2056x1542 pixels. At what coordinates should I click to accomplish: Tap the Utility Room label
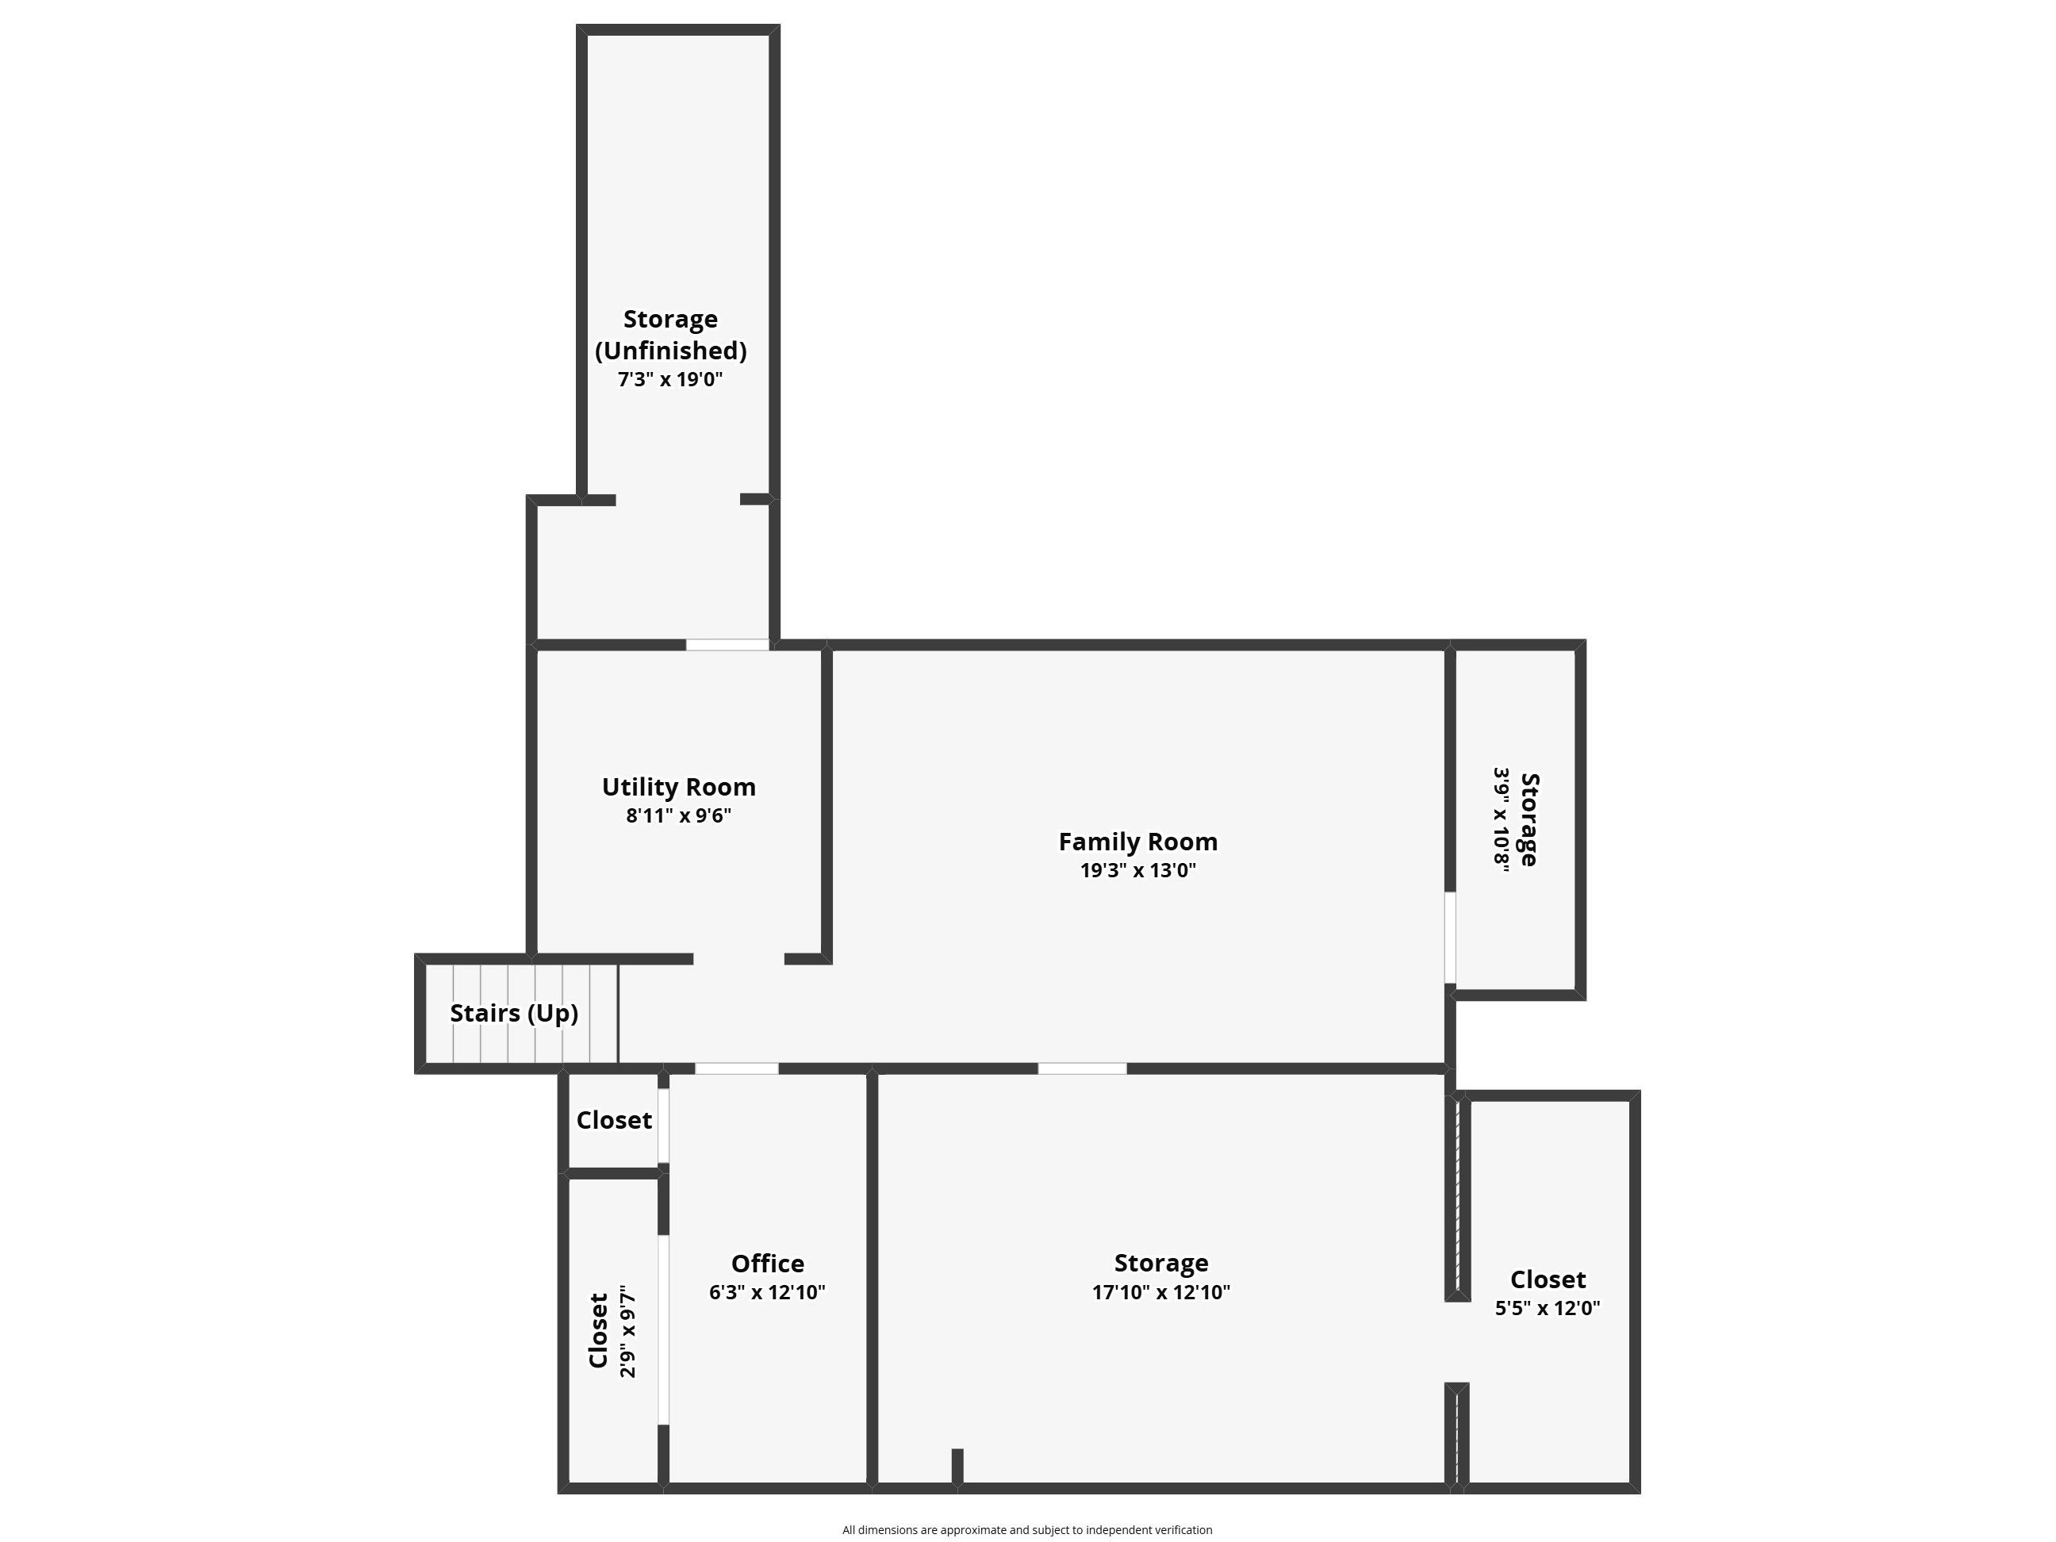[x=678, y=788]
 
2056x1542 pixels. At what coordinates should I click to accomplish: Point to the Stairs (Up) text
[x=514, y=1013]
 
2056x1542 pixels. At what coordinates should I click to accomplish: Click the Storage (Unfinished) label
[x=670, y=335]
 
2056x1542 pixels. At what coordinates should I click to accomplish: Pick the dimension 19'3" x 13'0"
[x=1137, y=871]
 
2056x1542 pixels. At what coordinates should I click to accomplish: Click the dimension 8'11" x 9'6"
[x=678, y=816]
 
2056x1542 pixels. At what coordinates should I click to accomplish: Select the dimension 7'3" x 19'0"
[x=670, y=379]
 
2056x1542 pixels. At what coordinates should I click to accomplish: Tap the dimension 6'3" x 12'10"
[x=768, y=1292]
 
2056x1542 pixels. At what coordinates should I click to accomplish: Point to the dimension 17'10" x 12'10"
[x=1161, y=1292]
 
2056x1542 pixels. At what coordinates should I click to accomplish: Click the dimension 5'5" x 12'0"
[x=1548, y=1308]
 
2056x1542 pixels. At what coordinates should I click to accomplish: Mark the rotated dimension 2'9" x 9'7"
[x=628, y=1331]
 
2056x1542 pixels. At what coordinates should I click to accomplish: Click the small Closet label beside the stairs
[x=615, y=1120]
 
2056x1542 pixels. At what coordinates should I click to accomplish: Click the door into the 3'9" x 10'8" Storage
[x=1450, y=937]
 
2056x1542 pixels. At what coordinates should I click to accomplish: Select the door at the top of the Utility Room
[x=728, y=645]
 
